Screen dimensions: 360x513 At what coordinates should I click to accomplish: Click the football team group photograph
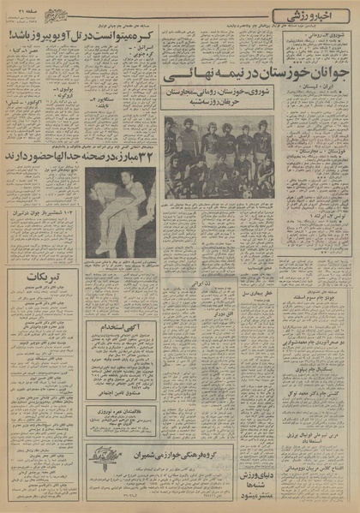(x=219, y=158)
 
